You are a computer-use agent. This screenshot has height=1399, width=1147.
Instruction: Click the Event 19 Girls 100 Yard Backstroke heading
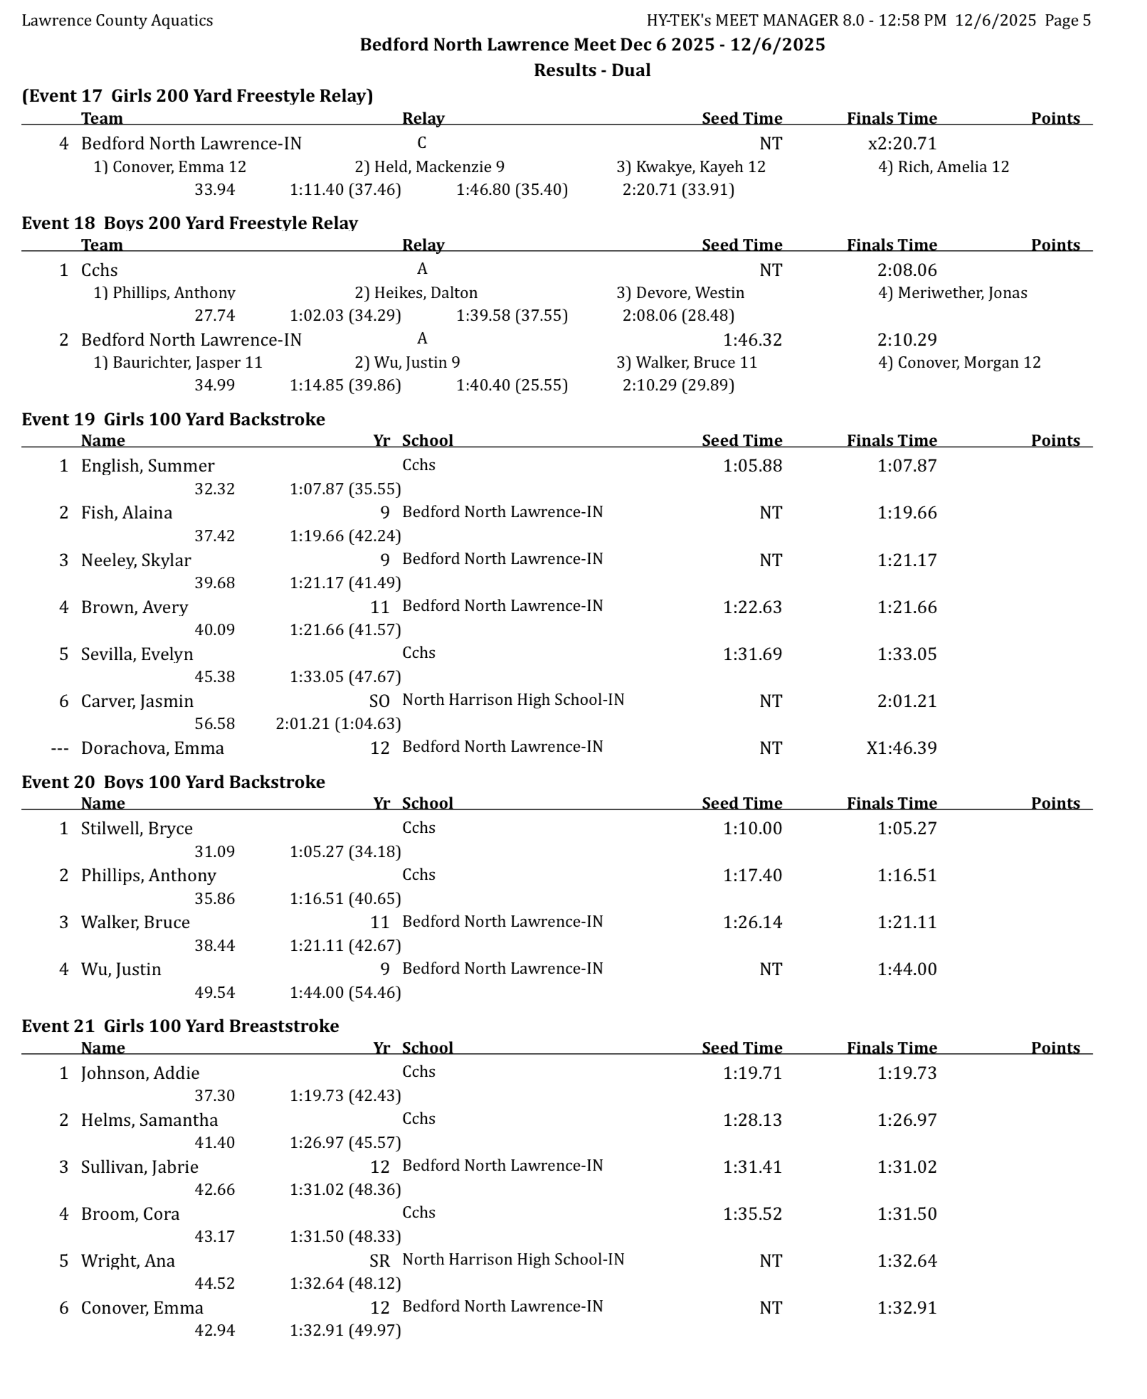coord(173,419)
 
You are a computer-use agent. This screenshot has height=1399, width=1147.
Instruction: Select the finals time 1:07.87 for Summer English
coord(906,466)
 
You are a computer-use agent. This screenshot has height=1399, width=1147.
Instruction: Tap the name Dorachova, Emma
coord(152,748)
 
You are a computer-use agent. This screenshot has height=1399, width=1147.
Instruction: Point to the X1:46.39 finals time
coord(901,748)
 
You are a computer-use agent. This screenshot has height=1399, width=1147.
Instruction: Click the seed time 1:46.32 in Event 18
coord(752,339)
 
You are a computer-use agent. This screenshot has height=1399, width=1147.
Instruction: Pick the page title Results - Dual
coord(592,70)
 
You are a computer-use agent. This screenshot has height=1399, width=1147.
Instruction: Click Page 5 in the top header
coord(1067,20)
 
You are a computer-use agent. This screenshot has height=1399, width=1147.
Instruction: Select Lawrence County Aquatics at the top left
coord(117,20)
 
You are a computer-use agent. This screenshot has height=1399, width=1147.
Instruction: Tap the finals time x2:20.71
coord(902,143)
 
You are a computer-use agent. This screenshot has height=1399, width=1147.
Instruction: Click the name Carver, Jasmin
coord(137,701)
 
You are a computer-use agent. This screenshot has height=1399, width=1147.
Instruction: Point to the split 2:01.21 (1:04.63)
coord(338,723)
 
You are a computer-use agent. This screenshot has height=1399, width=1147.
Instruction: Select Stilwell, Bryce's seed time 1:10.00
coord(752,828)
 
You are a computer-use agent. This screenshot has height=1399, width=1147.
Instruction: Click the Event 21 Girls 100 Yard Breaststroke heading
coord(180,1026)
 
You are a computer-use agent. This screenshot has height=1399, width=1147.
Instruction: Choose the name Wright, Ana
coord(128,1260)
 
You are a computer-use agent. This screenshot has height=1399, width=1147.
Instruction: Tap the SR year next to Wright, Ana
coord(379,1260)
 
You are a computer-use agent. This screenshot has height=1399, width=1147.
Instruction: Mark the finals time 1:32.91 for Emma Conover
coord(906,1307)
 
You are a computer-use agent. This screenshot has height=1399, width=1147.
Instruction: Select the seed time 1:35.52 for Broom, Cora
coord(752,1213)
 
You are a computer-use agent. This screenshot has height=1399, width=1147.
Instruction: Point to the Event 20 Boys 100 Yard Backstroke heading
coord(173,782)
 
